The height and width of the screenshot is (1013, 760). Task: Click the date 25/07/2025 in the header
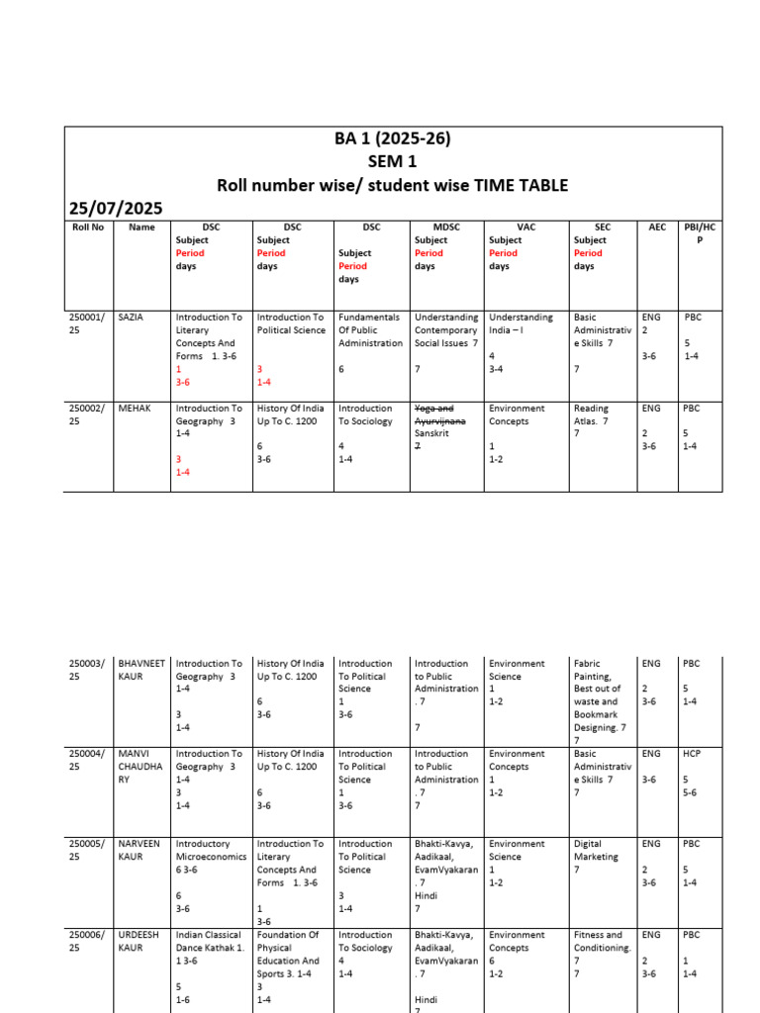(x=116, y=207)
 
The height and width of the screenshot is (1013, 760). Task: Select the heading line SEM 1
(x=393, y=161)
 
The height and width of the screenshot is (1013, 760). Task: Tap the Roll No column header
(x=87, y=228)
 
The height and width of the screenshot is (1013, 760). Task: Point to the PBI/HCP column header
(x=699, y=233)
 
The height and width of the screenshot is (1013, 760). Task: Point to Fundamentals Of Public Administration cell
(x=370, y=330)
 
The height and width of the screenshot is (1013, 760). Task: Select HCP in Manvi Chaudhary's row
(x=691, y=754)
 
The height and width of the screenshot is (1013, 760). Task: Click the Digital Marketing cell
(x=596, y=851)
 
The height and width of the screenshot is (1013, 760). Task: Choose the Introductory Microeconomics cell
(x=211, y=851)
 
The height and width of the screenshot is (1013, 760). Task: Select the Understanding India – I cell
(x=521, y=323)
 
